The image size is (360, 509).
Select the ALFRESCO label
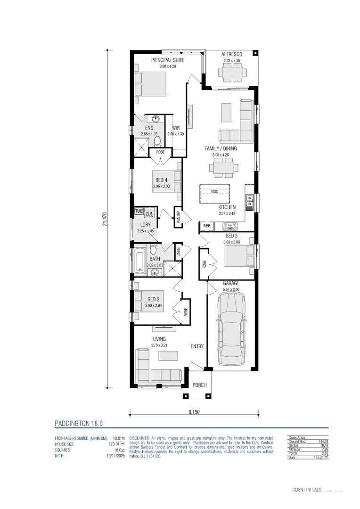pos(232,55)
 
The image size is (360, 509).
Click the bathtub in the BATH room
pos(140,262)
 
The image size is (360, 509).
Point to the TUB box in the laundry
pos(139,211)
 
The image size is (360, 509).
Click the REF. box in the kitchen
pos(206,227)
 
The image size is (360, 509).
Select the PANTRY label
pos(179,218)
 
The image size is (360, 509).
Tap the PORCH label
pos(199,385)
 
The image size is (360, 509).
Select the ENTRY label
pos(197,346)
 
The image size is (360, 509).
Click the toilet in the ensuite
pos(158,140)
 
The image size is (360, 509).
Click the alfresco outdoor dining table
pos(231,73)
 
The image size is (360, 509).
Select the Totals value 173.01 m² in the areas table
pos(319,458)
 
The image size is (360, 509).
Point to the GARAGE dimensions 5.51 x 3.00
pos(231,289)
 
